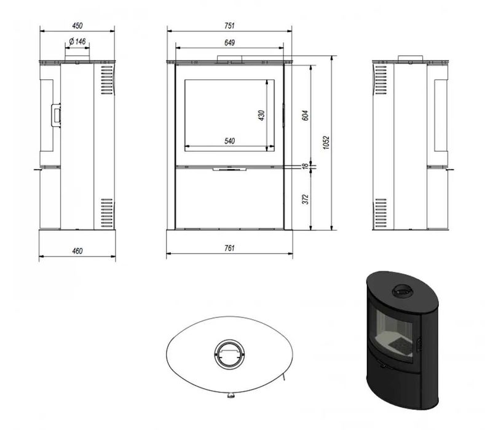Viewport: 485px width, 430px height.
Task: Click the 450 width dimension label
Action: point(77,26)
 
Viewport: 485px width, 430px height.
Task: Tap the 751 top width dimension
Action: point(229,26)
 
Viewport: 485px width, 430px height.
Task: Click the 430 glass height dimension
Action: point(261,115)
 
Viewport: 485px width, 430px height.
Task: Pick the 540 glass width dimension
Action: point(229,141)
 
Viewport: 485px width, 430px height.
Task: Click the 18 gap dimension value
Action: point(305,166)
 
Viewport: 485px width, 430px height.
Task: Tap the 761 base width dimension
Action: point(229,249)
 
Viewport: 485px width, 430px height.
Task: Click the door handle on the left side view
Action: point(56,114)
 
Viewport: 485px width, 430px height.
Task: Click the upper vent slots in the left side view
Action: point(105,79)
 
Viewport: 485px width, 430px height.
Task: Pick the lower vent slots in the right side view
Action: point(381,212)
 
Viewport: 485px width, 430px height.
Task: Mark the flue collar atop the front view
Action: point(229,60)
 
